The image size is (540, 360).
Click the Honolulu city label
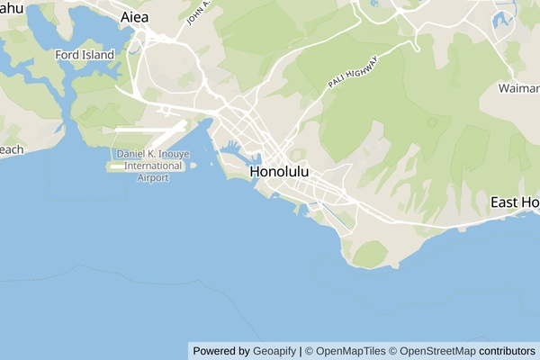[x=279, y=171]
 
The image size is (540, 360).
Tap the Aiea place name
[x=134, y=17]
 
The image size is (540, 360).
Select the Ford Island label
[x=85, y=55]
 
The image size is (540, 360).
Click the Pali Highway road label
[x=353, y=72]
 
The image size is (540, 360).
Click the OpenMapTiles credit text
[x=349, y=351]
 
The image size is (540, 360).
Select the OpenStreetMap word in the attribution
[x=436, y=351]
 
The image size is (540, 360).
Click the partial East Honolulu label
[x=514, y=202]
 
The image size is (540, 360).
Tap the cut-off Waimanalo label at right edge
[x=519, y=88]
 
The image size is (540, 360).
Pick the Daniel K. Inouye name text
[x=151, y=154]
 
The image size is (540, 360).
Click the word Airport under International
[x=153, y=177]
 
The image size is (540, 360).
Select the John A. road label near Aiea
[x=198, y=13]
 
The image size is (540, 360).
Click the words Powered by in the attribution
[x=221, y=351]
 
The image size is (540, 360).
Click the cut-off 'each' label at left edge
[x=11, y=149]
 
